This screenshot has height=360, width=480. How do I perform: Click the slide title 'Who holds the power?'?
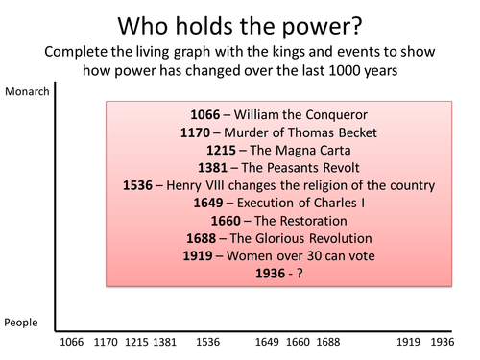(x=240, y=21)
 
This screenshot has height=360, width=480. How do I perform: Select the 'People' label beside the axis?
(x=20, y=323)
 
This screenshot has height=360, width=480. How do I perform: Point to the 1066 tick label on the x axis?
(x=71, y=341)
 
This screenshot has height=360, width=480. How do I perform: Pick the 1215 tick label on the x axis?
(x=136, y=341)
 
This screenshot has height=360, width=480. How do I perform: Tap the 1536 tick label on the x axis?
(x=207, y=341)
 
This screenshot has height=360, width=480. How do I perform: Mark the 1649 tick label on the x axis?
(x=270, y=341)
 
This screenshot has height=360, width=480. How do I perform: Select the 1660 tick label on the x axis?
(x=299, y=341)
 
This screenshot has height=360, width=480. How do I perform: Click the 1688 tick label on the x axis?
(x=327, y=341)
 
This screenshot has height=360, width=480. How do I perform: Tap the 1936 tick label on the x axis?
(x=444, y=341)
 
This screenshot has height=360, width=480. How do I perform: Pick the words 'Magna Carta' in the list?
(x=302, y=150)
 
